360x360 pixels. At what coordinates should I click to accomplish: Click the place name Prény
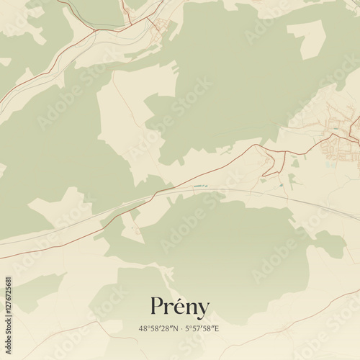[x=180, y=307]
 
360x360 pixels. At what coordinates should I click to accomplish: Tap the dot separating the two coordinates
[x=181, y=329]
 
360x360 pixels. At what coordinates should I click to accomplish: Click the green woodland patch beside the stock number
[x=32, y=288]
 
